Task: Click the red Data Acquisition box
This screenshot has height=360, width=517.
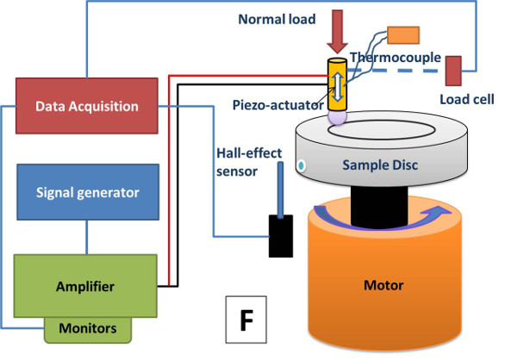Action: click(x=87, y=107)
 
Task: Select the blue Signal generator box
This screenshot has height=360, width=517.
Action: click(x=87, y=191)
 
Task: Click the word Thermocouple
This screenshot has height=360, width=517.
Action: click(x=397, y=58)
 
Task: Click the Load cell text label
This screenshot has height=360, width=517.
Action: click(x=466, y=99)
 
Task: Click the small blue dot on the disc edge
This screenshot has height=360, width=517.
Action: click(x=302, y=164)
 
